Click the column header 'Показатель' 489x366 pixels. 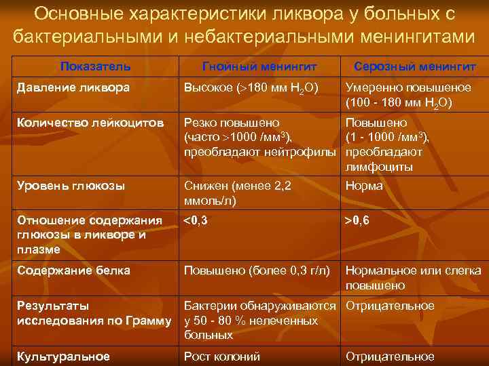pyautogui.click(x=95, y=66)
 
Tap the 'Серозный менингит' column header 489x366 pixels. pyautogui.click(x=414, y=66)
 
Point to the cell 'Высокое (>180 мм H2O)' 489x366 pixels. pyautogui.click(x=251, y=88)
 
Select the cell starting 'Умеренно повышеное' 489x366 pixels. pyautogui.click(x=408, y=95)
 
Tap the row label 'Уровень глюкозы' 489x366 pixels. pyautogui.click(x=71, y=186)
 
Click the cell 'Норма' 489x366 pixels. pyautogui.click(x=364, y=186)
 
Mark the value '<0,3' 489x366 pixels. pyautogui.click(x=196, y=220)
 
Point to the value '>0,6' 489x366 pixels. pyautogui.click(x=357, y=220)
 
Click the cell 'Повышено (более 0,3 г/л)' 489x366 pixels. pyautogui.click(x=257, y=270)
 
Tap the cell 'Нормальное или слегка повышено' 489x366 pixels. pyautogui.click(x=413, y=277)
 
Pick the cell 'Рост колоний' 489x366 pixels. pyautogui.click(x=222, y=356)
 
